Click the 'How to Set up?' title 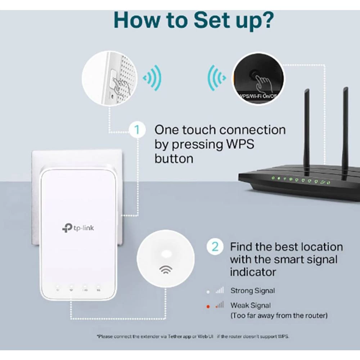pos(193,20)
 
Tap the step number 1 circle pos(137,130)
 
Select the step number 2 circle pos(215,247)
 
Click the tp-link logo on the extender pos(78,228)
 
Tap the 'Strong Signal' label pos(252,291)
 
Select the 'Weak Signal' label pos(251,305)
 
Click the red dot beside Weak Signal pos(208,306)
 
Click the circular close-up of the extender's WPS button pos(110,78)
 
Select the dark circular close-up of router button pos(258,79)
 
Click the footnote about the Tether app pos(193,336)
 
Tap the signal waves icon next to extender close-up pos(152,78)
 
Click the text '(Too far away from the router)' pos(279,316)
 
